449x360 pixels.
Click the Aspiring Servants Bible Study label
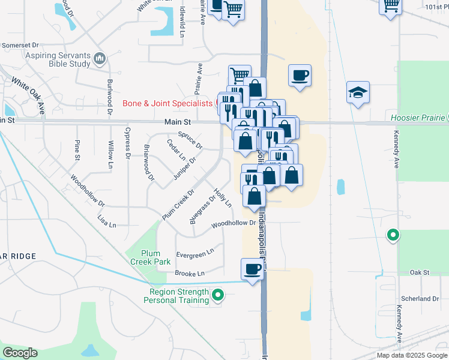[45, 59]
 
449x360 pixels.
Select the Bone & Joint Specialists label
[167, 103]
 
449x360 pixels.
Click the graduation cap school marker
[358, 93]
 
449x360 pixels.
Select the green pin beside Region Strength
[218, 295]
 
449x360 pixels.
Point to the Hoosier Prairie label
[418, 118]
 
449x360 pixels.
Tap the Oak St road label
[420, 272]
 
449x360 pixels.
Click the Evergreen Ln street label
[194, 254]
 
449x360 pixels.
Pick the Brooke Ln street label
[190, 274]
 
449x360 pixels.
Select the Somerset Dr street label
[20, 45]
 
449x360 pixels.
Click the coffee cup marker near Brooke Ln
[252, 269]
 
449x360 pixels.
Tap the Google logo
[20, 353]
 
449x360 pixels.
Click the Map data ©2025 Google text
[411, 355]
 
